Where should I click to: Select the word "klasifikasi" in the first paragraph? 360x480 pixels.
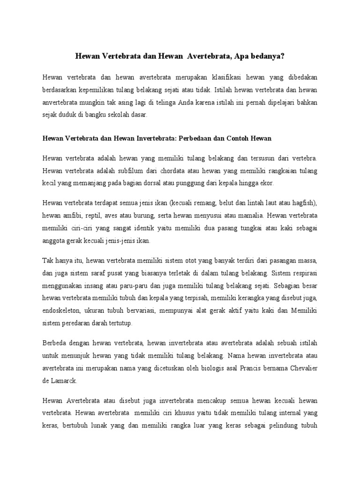point(228,77)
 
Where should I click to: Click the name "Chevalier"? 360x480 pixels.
point(301,368)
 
